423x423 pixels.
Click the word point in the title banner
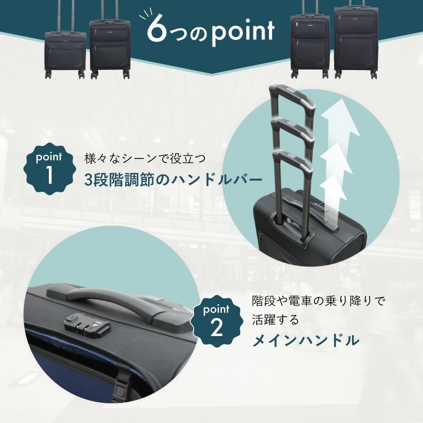point(243,32)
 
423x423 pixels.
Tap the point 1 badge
point(49,170)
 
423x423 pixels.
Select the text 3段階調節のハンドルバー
point(173,180)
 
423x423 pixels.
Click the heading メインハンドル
point(305,340)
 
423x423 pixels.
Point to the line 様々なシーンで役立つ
point(145,158)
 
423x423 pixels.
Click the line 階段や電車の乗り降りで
point(318,301)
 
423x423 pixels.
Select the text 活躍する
point(276,320)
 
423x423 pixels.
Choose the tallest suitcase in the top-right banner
point(356,40)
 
